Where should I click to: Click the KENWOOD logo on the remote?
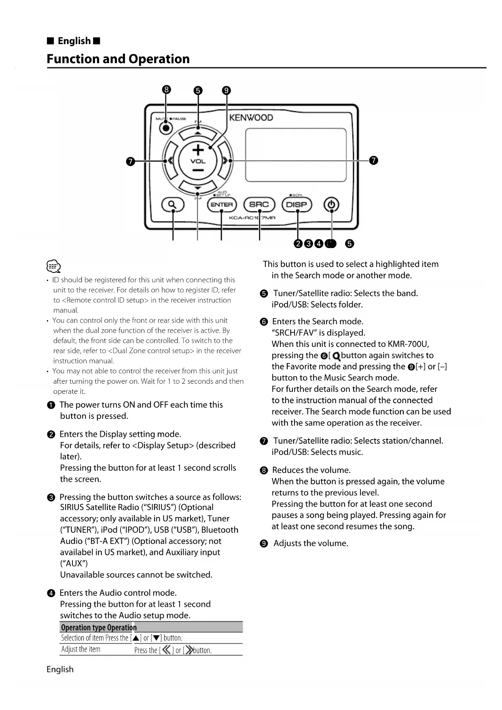click(251, 118)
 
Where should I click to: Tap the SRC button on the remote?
click(259, 205)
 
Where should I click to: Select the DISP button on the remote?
click(297, 205)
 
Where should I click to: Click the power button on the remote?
click(331, 205)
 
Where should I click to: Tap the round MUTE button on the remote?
click(165, 128)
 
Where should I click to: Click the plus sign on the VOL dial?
click(198, 150)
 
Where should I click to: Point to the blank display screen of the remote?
click(296, 155)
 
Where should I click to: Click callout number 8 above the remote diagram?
click(166, 90)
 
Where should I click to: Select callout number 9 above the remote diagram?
click(227, 90)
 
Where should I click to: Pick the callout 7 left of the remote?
click(130, 161)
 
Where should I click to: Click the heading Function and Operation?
click(118, 59)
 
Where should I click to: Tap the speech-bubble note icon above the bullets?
click(54, 267)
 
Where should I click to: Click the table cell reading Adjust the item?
click(81, 649)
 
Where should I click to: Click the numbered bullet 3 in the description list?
click(51, 497)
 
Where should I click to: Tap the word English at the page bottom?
click(60, 669)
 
